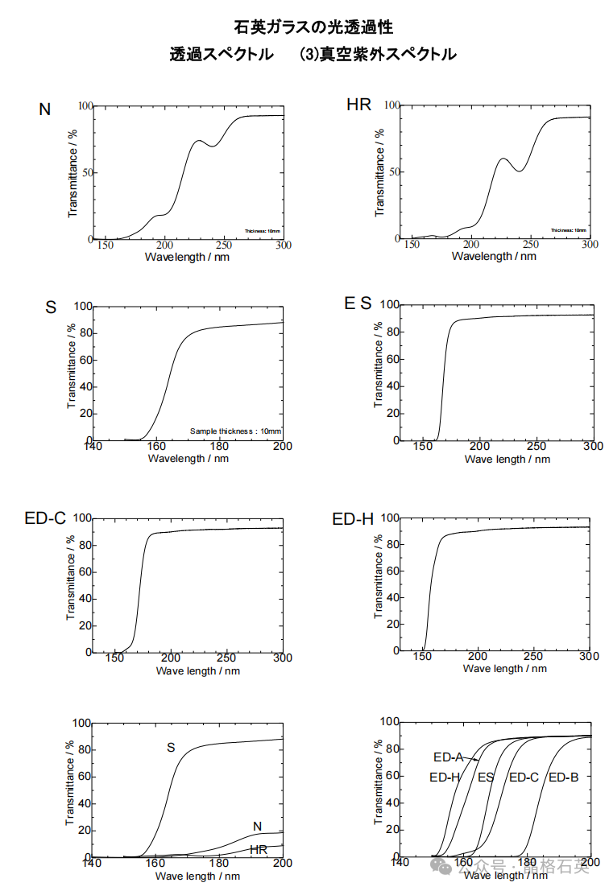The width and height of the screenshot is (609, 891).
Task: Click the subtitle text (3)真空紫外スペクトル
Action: click(377, 55)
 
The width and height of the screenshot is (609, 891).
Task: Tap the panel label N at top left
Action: click(45, 109)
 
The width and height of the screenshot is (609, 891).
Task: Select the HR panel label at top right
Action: click(358, 105)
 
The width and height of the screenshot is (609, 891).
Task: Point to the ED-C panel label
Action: click(45, 519)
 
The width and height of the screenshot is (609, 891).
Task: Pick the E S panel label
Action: click(358, 303)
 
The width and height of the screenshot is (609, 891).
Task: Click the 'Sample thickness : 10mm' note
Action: click(235, 431)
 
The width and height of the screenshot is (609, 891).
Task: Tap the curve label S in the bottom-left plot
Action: click(171, 748)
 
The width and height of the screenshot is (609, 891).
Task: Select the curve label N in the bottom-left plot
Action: click(257, 826)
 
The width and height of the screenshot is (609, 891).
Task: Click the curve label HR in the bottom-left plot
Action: click(259, 849)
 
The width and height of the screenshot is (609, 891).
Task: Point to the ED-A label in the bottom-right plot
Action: click(448, 757)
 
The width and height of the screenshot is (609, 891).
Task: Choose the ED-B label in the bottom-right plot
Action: click(563, 778)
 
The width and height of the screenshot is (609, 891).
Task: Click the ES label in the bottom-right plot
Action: click(486, 778)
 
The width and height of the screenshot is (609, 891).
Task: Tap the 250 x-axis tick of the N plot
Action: click(222, 245)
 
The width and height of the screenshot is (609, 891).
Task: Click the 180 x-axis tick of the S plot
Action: click(219, 447)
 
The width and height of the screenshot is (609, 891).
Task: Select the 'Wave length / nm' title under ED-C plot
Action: click(197, 670)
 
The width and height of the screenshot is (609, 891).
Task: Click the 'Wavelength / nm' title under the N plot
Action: click(187, 257)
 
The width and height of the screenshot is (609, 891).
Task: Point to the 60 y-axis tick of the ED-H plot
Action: click(391, 571)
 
